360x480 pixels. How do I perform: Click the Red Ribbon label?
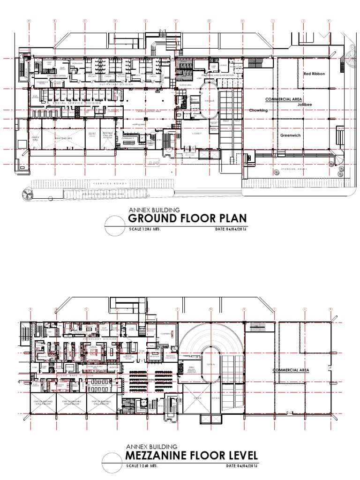point(314,74)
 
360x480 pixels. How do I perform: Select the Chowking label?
point(258,111)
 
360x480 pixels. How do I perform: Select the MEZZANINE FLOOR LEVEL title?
point(191,456)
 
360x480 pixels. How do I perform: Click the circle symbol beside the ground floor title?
point(114,225)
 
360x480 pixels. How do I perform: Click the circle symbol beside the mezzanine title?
point(114,461)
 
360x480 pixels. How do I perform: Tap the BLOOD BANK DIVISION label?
point(64,374)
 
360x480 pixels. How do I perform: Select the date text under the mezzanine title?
point(242,466)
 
